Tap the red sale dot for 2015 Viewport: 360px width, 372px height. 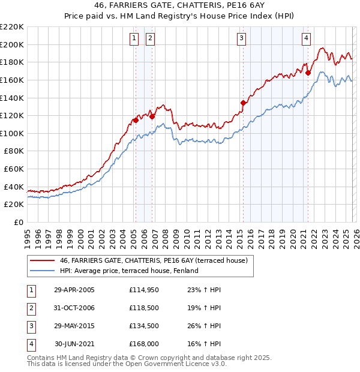click(243, 103)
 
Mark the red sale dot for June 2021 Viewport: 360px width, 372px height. click(308, 73)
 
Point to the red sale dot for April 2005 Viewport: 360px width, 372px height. click(136, 120)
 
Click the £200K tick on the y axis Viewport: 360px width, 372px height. click(12, 44)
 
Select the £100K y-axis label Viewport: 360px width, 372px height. click(12, 133)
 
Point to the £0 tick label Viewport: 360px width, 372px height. click(18, 222)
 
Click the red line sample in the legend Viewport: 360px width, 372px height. click(42, 260)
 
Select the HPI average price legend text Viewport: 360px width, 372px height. click(128, 271)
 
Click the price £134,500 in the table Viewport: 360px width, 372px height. click(143, 326)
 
